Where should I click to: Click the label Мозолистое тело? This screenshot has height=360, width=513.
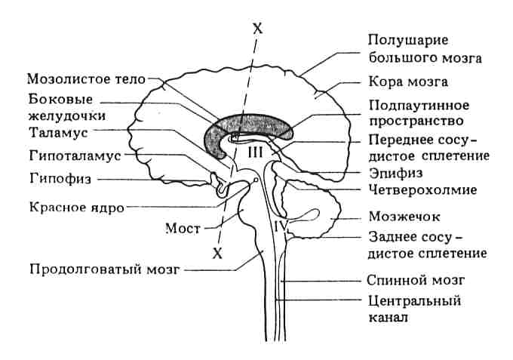85,78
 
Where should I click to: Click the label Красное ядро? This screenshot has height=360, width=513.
72,206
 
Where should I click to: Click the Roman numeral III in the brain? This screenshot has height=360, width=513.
253,152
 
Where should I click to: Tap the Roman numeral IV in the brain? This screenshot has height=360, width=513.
281,224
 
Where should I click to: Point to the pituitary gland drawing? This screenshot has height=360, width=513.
222,186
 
